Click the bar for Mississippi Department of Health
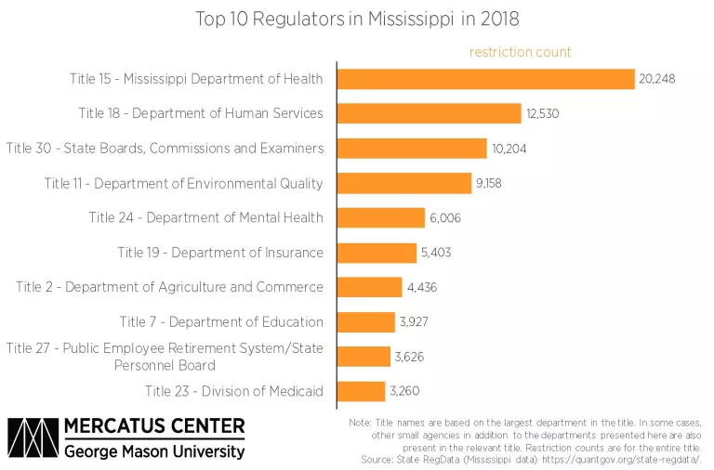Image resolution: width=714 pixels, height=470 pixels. tap(484, 79)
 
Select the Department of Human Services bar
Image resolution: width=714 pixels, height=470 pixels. tap(429, 113)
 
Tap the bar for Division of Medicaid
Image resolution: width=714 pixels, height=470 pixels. tap(361, 391)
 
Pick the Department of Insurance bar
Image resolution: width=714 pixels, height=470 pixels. tap(377, 253)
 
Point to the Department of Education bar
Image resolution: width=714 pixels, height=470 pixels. tap(365, 322)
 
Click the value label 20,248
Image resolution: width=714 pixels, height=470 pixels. tap(656, 79)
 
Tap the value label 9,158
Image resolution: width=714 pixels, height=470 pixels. tap(488, 183)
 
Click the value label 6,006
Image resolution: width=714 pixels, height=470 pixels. tap(444, 218)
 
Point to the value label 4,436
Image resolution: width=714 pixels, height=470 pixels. tap(422, 287)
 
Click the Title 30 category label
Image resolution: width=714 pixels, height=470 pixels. tap(165, 149)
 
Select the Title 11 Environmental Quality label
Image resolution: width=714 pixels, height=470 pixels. tap(184, 183)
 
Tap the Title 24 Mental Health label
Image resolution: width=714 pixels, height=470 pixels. tap(206, 218)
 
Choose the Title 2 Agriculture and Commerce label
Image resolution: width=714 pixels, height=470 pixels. tap(170, 287)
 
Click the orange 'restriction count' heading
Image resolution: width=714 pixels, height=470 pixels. tap(520, 52)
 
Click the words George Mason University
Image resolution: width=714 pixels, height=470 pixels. tap(154, 452)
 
